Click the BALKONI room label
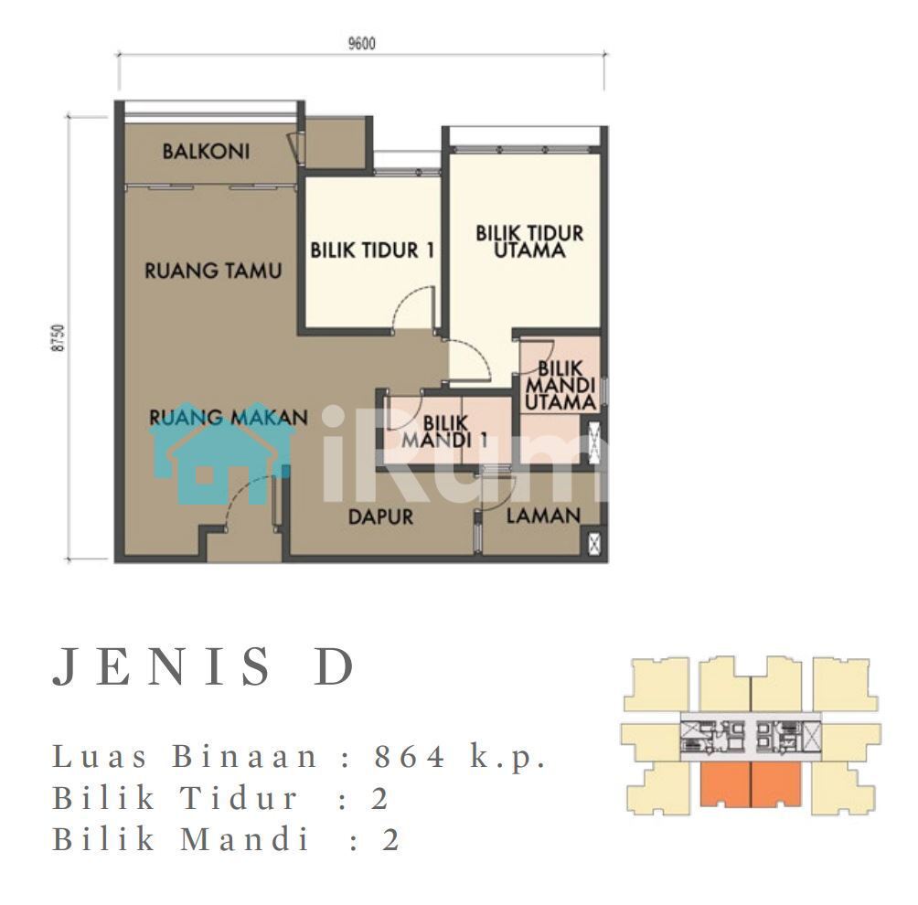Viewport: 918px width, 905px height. pos(206,152)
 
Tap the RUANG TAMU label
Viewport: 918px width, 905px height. pos(213,271)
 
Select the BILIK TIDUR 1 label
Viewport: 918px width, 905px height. pos(372,250)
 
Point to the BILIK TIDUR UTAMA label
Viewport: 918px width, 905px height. pos(529,241)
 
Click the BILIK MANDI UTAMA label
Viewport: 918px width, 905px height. pos(560,385)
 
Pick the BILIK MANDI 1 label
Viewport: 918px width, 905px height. pos(444,431)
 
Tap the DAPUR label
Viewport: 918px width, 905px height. pos(380,516)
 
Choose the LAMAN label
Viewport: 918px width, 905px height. pos(543,516)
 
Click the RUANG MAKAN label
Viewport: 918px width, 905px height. pos(229,418)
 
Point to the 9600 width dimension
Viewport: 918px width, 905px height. pos(362,43)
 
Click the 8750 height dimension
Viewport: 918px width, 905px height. pos(58,337)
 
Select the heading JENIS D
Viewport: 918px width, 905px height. pos(204,666)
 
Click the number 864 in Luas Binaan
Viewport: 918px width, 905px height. pos(411,756)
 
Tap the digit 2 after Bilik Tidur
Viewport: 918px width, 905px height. pos(380,798)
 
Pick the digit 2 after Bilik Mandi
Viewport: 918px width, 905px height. pos(391,839)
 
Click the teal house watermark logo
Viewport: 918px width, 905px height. pos(221,453)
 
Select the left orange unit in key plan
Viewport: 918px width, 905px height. pos(725,784)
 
